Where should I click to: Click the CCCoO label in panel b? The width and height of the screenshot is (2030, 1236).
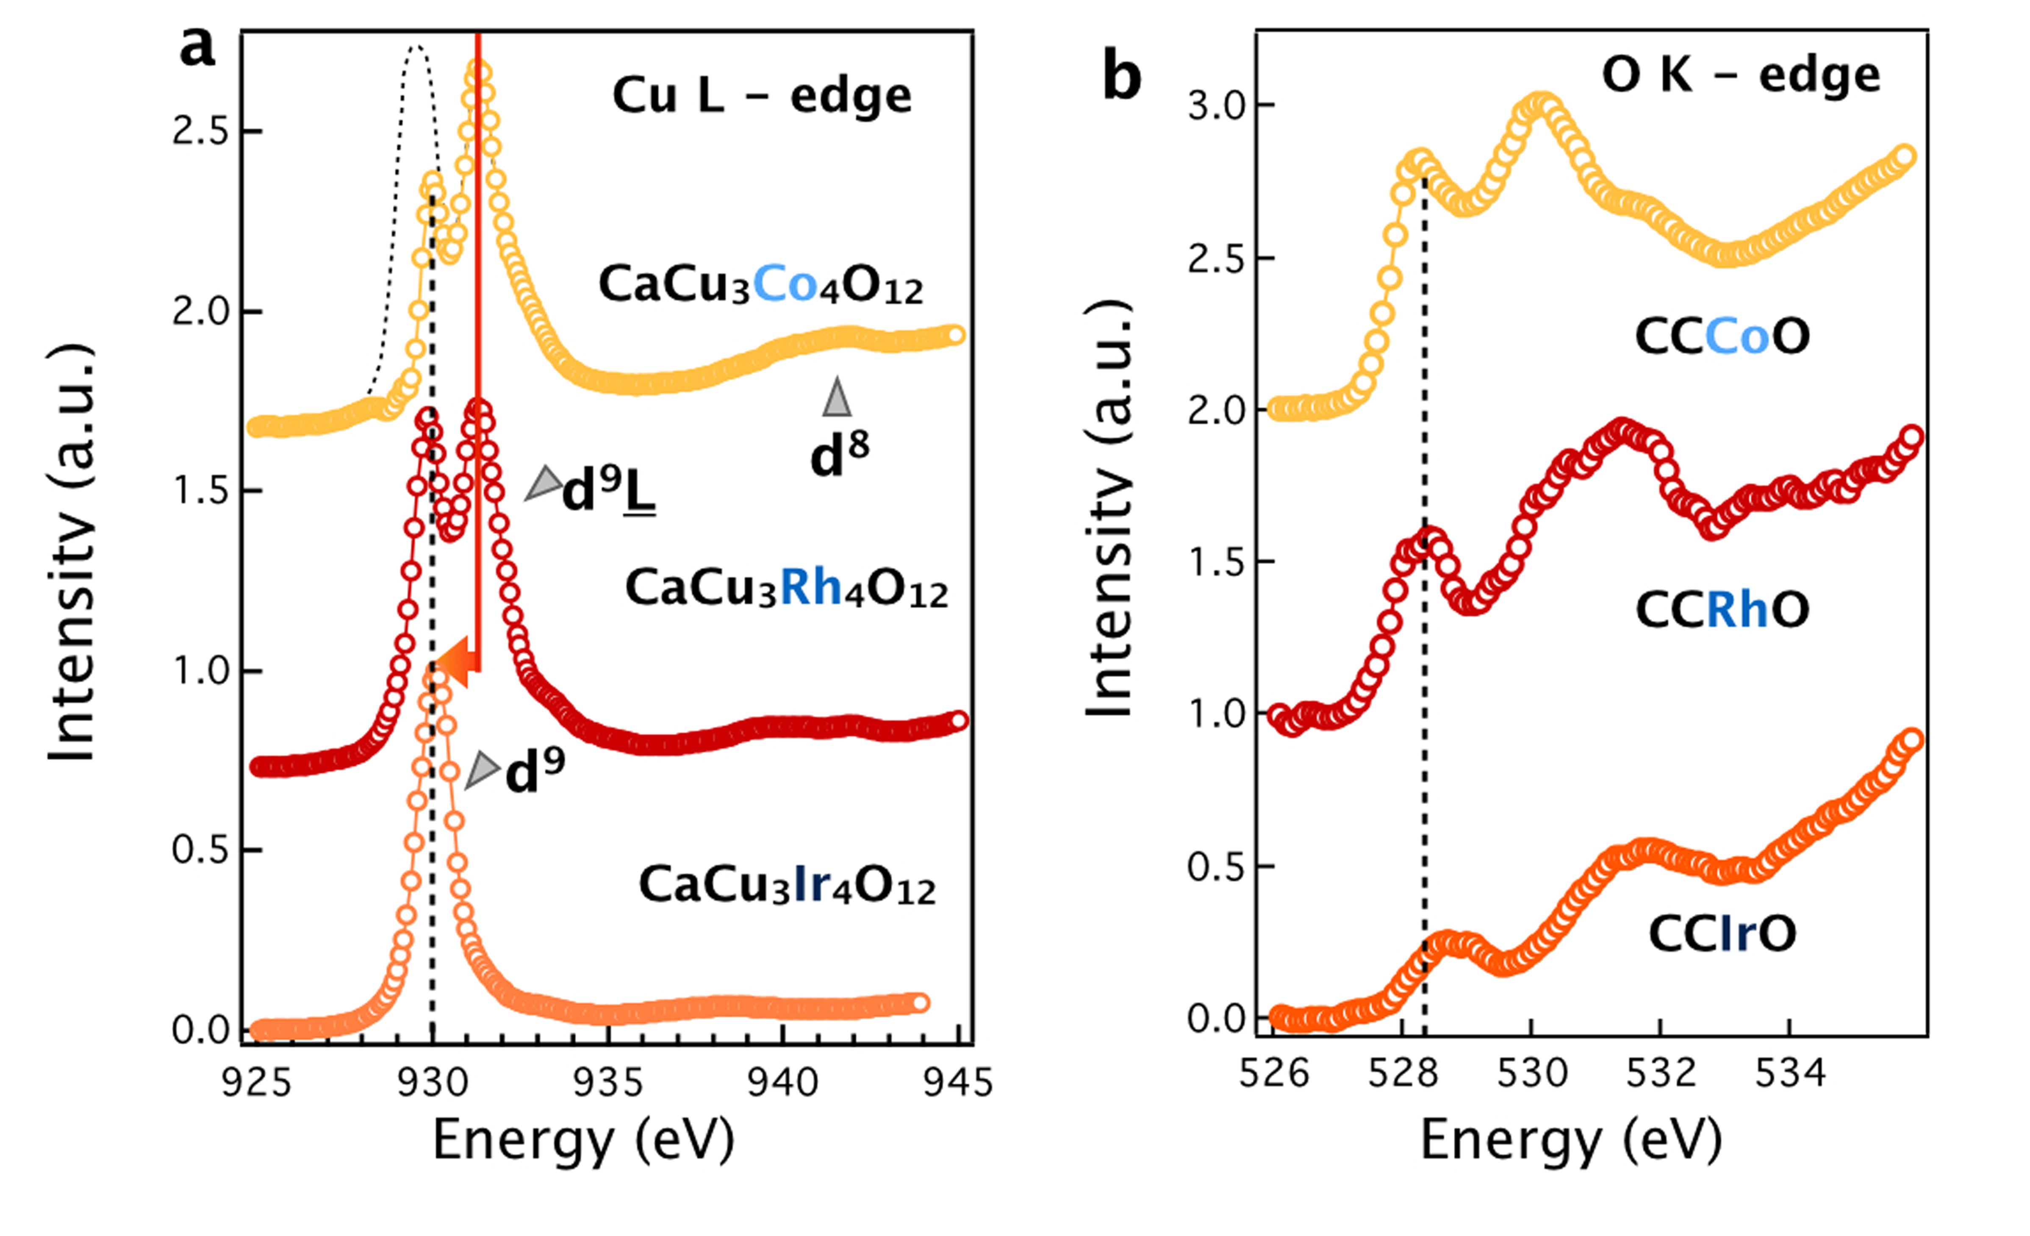[x=1722, y=336]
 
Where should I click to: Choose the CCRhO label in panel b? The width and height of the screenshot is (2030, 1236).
[x=1722, y=610]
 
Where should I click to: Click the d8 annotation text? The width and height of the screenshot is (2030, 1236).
[x=839, y=455]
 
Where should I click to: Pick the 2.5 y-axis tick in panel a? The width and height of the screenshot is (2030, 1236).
[x=200, y=132]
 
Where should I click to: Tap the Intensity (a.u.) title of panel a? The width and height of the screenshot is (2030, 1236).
[x=72, y=554]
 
